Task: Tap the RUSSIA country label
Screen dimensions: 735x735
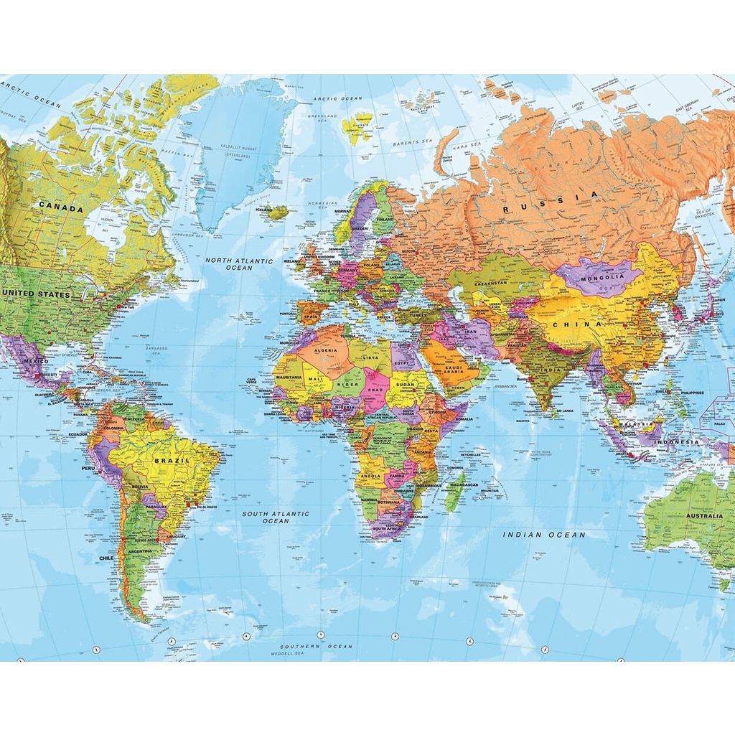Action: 550,202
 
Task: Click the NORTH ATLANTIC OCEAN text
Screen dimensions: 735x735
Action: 239,264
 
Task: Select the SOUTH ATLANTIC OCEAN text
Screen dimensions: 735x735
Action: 276,517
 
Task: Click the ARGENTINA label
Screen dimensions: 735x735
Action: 141,551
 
